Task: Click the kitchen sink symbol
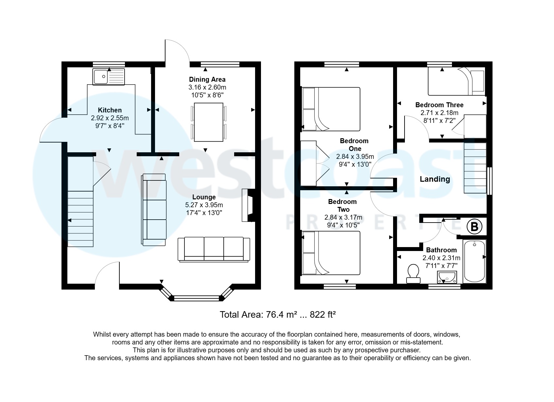(109, 77)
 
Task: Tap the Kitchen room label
(110, 110)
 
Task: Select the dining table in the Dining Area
(209, 122)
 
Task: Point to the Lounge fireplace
(248, 205)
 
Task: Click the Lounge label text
(204, 197)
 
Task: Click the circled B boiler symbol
(474, 226)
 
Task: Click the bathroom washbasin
(447, 277)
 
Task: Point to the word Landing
(435, 179)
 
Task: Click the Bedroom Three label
(439, 105)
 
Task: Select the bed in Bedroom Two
(331, 253)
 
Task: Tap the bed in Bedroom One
(331, 109)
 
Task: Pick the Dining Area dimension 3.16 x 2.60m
(207, 87)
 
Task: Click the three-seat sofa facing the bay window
(214, 249)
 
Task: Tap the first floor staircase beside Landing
(475, 168)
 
